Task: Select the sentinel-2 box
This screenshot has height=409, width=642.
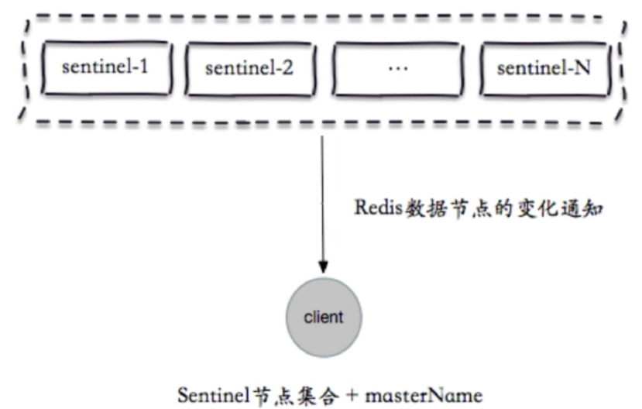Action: pyautogui.click(x=249, y=68)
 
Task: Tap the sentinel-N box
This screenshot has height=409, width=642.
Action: pyautogui.click(x=543, y=68)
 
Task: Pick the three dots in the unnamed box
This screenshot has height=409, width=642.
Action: pyautogui.click(x=396, y=68)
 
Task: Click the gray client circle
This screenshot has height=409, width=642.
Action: pyautogui.click(x=323, y=318)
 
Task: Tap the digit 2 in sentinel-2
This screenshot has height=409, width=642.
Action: pyautogui.click(x=288, y=68)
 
